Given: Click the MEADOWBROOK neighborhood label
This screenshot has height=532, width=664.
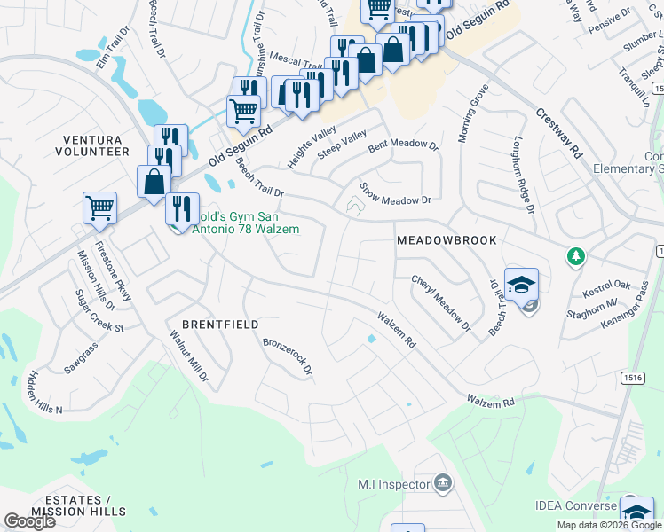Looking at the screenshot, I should (446, 240).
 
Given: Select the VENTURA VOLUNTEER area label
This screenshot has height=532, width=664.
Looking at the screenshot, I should (96, 145).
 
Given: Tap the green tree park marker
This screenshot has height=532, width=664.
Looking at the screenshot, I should (576, 256).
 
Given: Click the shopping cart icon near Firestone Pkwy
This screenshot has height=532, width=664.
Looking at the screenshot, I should (99, 208).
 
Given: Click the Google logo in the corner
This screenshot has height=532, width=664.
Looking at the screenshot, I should (29, 520).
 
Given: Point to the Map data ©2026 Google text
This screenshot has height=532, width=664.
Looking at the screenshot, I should (608, 525).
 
